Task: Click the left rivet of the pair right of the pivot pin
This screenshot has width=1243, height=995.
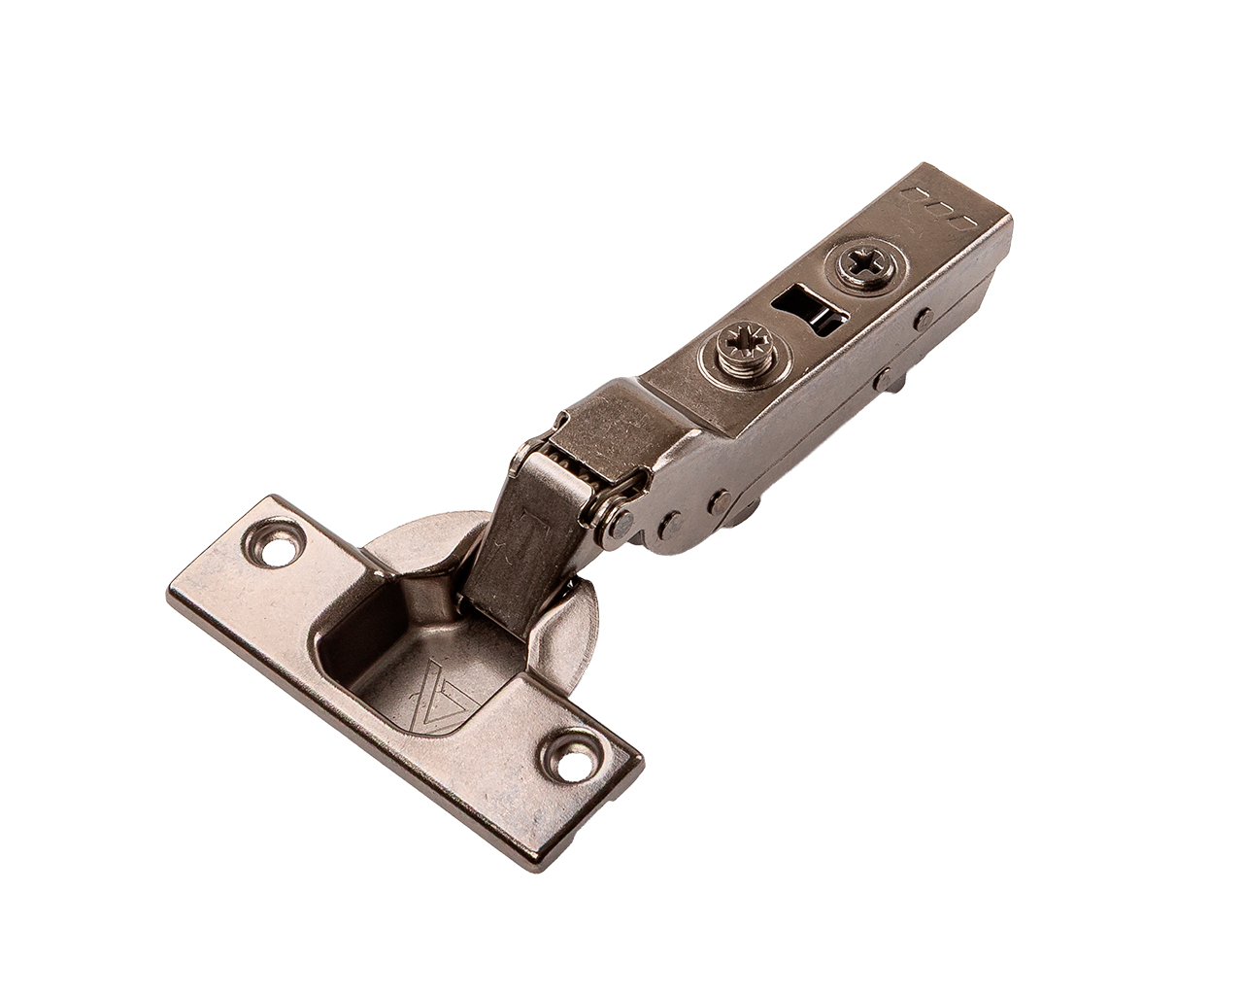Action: point(667,525)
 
